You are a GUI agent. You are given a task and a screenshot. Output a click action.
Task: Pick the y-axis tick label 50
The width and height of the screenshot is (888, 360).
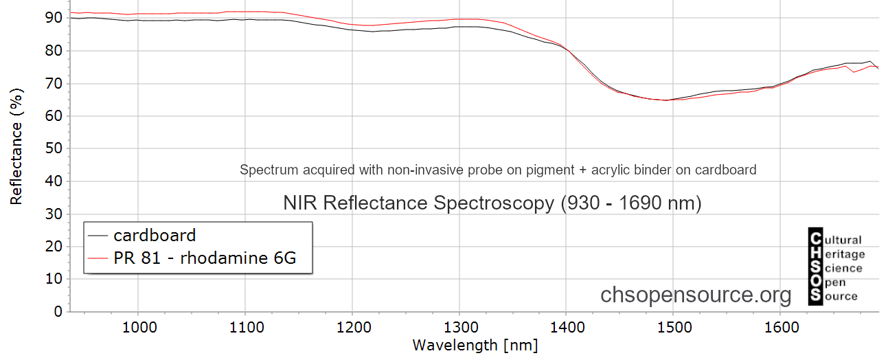(54, 148)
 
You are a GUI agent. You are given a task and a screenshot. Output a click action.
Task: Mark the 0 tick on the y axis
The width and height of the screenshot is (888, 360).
(58, 312)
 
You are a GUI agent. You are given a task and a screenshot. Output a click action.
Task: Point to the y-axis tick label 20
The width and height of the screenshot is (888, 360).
(54, 247)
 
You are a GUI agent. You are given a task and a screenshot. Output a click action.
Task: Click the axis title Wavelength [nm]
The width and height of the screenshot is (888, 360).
(475, 345)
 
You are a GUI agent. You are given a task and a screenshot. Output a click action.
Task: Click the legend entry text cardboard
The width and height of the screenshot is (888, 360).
(155, 236)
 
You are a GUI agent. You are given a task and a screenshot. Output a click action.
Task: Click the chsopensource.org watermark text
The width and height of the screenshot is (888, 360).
(696, 295)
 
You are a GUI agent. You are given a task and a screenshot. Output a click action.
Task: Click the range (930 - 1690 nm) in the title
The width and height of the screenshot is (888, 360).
(631, 203)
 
